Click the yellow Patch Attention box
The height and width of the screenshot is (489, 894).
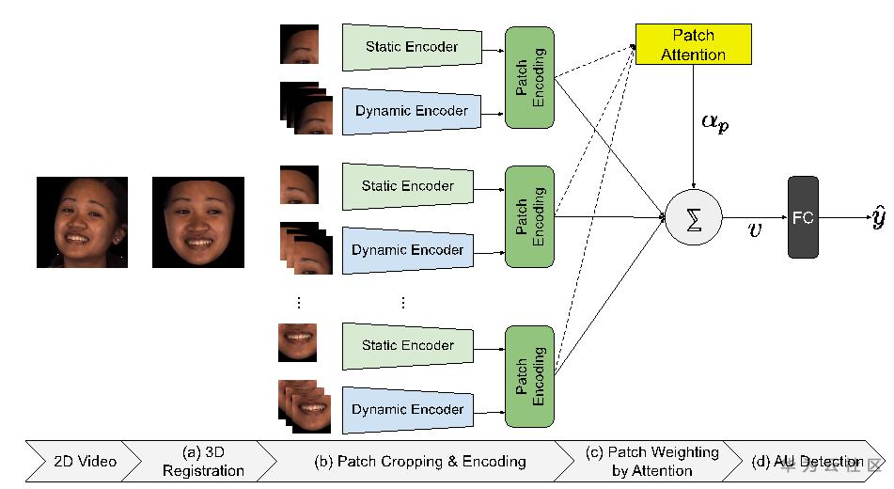693,44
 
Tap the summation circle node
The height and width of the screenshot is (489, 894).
693,217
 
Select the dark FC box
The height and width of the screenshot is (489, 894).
803,217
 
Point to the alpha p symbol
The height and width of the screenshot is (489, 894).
714,123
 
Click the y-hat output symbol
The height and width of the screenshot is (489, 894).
877,218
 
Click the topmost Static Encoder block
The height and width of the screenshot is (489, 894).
410,47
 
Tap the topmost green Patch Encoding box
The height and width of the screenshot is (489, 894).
530,78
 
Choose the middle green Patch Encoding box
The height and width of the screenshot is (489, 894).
530,216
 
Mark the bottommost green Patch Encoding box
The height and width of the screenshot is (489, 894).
530,376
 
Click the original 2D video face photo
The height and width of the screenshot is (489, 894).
82,222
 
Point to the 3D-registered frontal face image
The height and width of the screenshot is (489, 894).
197,222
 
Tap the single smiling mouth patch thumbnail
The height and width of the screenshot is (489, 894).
298,342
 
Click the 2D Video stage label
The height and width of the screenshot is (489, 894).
84,461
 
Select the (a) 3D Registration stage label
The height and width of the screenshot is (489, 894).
203,461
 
